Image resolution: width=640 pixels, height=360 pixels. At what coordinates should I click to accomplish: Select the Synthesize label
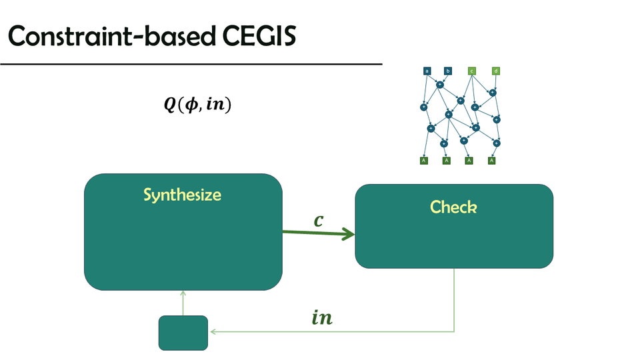click(182, 195)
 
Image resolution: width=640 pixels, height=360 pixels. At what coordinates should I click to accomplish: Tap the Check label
click(453, 207)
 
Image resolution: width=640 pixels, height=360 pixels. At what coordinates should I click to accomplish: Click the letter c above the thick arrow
click(319, 219)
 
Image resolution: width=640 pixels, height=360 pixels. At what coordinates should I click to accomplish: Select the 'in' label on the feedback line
click(322, 318)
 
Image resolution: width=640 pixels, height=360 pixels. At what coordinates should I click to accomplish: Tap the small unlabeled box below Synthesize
click(183, 333)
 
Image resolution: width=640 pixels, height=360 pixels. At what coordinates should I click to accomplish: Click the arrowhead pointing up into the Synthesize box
click(183, 294)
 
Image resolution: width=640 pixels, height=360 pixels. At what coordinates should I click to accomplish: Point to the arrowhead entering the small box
click(212, 332)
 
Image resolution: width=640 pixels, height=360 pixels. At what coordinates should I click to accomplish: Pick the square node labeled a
click(427, 71)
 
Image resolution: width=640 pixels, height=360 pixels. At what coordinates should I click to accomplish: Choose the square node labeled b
click(448, 71)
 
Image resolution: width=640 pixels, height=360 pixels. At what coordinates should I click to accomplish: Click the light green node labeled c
click(471, 71)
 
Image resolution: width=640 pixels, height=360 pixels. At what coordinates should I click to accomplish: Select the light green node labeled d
click(495, 71)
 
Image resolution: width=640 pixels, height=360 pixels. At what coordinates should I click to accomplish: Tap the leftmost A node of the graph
click(423, 161)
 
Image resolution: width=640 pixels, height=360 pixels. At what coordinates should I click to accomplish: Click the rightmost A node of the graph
click(492, 161)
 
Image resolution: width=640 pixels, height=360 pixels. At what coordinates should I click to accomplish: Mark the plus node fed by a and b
click(439, 85)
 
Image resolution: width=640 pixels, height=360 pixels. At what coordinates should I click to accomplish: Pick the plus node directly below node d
click(493, 92)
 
